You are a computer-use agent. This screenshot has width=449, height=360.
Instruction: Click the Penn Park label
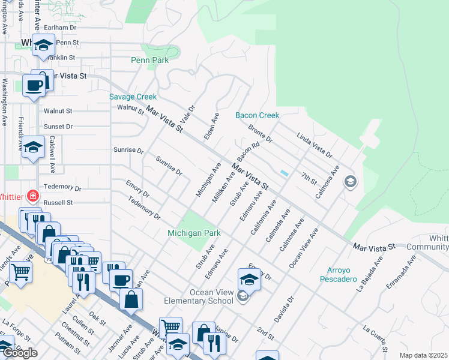click(x=149, y=60)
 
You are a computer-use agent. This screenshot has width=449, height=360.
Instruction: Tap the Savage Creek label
click(x=133, y=97)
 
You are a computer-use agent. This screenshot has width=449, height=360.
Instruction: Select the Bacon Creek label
click(x=257, y=115)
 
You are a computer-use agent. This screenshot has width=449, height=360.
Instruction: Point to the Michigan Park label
click(x=194, y=233)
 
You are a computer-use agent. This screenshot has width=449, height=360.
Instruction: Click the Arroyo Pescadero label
click(x=342, y=274)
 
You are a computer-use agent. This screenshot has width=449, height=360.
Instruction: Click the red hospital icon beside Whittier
click(x=31, y=196)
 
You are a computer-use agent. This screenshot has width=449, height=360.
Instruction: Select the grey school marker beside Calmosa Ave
click(x=350, y=181)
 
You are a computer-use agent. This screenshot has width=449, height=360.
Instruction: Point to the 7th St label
click(x=309, y=179)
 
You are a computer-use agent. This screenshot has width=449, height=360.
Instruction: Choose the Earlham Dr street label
click(x=61, y=28)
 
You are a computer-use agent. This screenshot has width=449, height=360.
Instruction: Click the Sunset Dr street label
click(x=58, y=127)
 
